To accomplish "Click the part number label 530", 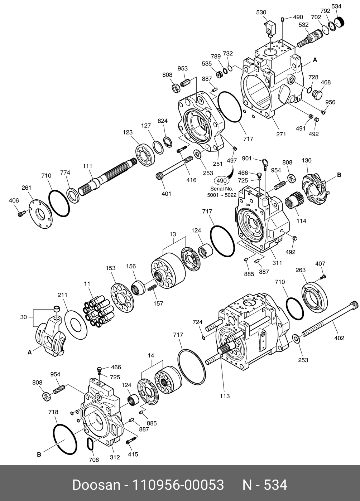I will coord(261,13).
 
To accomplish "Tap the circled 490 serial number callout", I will coord(222,181).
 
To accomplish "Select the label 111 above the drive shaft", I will coord(87,166).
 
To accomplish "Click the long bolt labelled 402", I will coord(326,321).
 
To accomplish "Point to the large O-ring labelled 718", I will coord(65,439).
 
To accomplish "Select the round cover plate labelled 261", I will coord(39,213).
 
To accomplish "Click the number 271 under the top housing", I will coord(281,134).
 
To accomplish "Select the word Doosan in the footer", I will coord(96,485).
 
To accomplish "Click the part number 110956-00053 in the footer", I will coord(178,485).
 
